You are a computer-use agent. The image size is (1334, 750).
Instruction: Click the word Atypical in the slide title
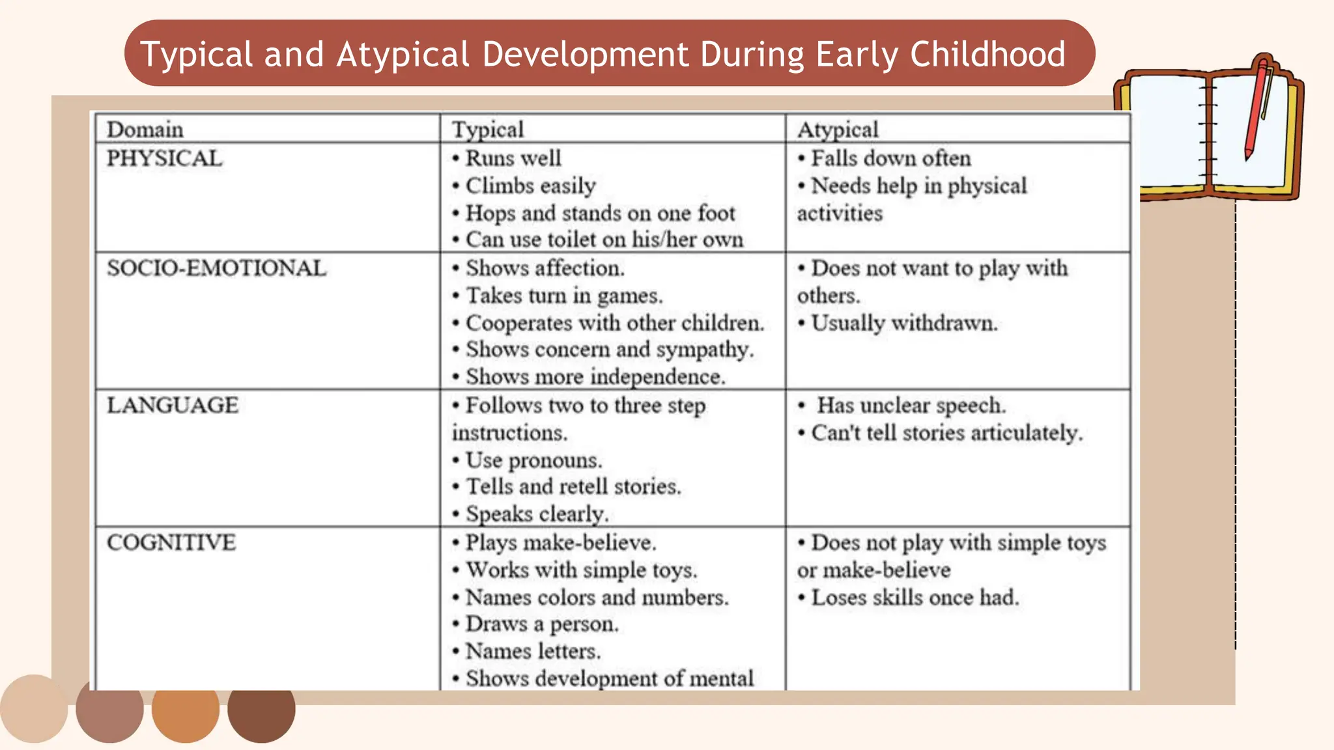pyautogui.click(x=403, y=55)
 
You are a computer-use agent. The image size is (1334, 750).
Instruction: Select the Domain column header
pyautogui.click(x=145, y=130)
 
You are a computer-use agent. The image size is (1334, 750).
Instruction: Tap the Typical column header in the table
pyautogui.click(x=488, y=130)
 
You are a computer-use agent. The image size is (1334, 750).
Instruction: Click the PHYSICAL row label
pyautogui.click(x=164, y=158)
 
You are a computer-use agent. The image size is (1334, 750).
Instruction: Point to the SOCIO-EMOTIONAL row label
pyautogui.click(x=216, y=268)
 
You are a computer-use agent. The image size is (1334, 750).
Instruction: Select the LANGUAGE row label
pyautogui.click(x=173, y=406)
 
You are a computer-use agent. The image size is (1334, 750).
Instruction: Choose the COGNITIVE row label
pyautogui.click(x=171, y=542)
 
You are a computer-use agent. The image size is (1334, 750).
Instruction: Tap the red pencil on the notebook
pyautogui.click(x=1256, y=107)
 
